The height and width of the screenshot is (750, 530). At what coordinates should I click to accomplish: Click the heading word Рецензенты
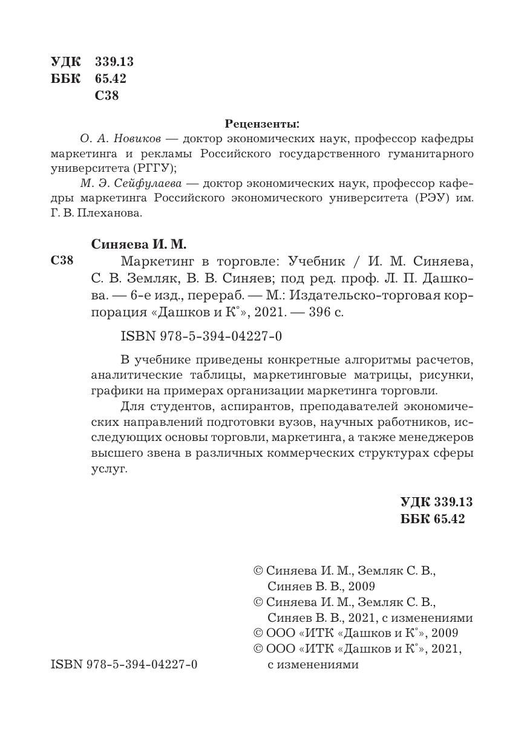(x=262, y=125)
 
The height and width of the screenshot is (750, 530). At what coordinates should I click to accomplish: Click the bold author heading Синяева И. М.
(x=139, y=245)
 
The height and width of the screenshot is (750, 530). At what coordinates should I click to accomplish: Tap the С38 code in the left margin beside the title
(x=62, y=261)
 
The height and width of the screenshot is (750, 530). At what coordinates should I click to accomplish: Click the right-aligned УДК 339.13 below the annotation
(x=436, y=502)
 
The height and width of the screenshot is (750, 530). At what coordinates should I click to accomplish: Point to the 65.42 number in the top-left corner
(x=111, y=79)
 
